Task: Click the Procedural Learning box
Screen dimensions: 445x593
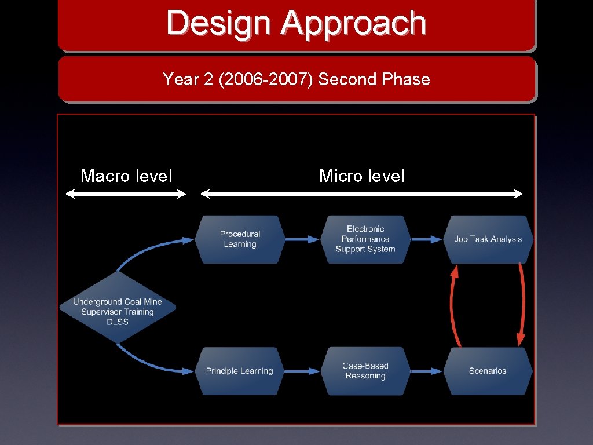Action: tap(240, 239)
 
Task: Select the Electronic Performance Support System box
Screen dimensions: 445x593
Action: tap(365, 239)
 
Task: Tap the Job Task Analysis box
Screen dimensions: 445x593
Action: tap(488, 239)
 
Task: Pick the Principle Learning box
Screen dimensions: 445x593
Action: tap(239, 371)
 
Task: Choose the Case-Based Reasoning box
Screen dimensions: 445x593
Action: tap(365, 371)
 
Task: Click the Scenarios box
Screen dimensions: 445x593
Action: tap(488, 371)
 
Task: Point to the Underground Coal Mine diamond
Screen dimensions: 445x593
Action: tap(118, 312)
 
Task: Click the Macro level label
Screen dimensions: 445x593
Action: tap(126, 176)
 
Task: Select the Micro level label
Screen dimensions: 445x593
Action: tap(362, 176)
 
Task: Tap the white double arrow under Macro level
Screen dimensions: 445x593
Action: tap(126, 195)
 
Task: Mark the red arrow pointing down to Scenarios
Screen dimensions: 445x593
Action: tap(523, 304)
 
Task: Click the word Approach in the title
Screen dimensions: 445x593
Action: tap(354, 24)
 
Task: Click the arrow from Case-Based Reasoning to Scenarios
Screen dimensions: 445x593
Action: tap(427, 371)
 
